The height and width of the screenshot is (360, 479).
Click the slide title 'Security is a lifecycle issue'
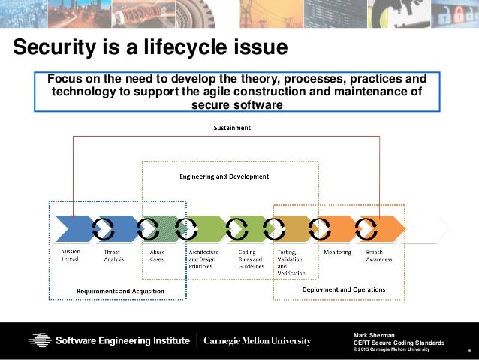point(150,48)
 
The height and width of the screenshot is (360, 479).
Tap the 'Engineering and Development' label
point(223,177)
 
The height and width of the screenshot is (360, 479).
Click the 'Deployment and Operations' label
point(343,289)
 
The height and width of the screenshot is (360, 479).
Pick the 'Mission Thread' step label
point(71,255)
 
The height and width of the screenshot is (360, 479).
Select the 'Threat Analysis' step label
point(112,255)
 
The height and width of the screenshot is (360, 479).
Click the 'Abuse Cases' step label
point(157,255)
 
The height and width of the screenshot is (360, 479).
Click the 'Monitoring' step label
point(336,252)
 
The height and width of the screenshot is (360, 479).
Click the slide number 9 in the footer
point(468,350)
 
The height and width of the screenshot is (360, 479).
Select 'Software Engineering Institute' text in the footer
point(123,341)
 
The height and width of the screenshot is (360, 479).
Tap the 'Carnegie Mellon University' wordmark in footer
point(258,341)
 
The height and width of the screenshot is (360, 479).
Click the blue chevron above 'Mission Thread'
point(74,228)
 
